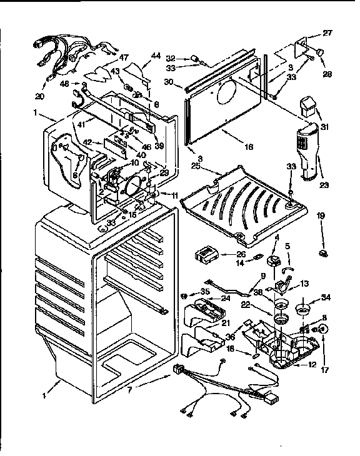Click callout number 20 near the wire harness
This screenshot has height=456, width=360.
pos(40,96)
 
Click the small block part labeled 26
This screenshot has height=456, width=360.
pos(204,255)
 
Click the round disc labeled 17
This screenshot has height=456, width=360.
pos(325,329)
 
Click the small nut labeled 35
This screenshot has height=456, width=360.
pos(185,294)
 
